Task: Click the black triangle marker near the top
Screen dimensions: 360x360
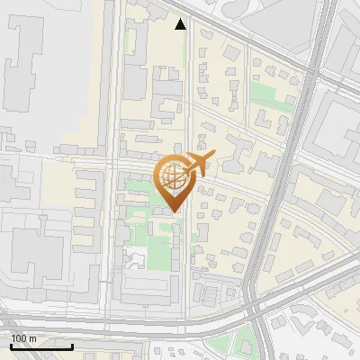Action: tap(181, 24)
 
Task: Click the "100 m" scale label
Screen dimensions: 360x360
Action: tap(24, 338)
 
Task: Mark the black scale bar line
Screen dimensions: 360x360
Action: tap(41, 346)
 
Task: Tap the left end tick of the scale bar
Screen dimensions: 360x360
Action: tap(11, 346)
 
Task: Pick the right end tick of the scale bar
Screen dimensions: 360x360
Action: tap(72, 346)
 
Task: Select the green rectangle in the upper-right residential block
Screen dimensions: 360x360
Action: tap(265, 94)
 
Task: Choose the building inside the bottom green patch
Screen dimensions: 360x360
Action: tap(240, 345)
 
